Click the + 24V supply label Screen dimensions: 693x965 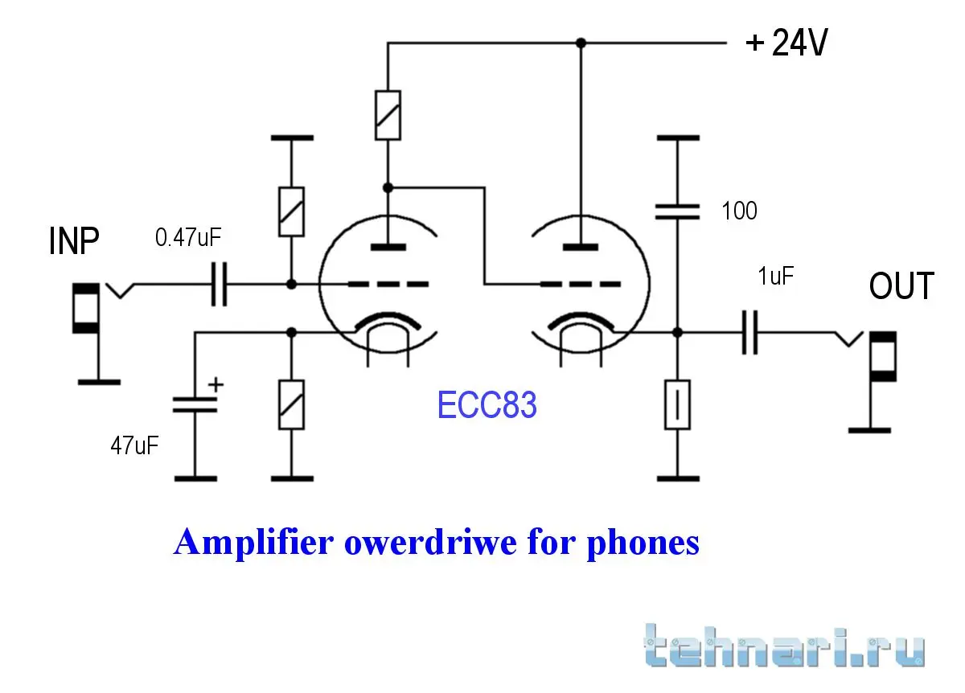(786, 43)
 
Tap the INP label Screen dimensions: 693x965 (74, 240)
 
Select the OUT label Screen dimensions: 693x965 (901, 286)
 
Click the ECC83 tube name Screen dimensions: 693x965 (487, 405)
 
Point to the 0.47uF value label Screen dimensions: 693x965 (188, 239)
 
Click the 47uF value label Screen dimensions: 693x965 (134, 445)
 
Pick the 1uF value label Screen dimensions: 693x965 (776, 278)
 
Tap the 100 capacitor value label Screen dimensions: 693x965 (739, 211)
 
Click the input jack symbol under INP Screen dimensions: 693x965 (85, 308)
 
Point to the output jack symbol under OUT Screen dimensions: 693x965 (885, 356)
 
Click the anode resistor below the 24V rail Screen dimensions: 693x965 (388, 116)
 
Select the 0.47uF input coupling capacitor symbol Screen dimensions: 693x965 (218, 285)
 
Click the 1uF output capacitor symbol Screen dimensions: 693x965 (749, 332)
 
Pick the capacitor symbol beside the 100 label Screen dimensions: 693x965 (677, 211)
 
